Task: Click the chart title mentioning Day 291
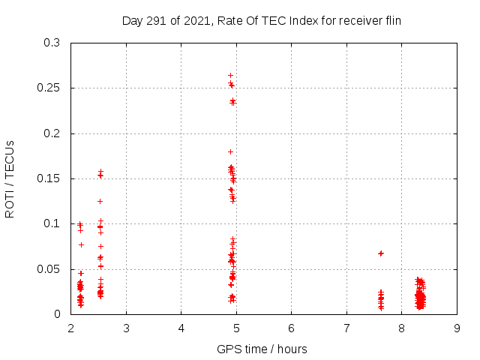pyautogui.click(x=262, y=21)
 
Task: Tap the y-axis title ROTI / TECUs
pyautogui.click(x=10, y=178)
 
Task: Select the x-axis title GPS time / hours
pyautogui.click(x=262, y=349)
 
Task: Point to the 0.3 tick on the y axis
pyautogui.click(x=52, y=43)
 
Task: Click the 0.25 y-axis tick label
pyautogui.click(x=49, y=88)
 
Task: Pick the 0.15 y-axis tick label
pyautogui.click(x=49, y=178)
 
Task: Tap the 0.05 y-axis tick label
pyautogui.click(x=49, y=268)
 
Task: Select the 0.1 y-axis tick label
pyautogui.click(x=52, y=223)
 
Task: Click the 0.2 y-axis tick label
pyautogui.click(x=52, y=133)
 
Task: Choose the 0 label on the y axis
pyautogui.click(x=57, y=313)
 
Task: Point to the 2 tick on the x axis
pyautogui.click(x=71, y=328)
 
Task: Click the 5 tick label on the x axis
pyautogui.click(x=236, y=328)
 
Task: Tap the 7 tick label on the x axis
pyautogui.click(x=346, y=328)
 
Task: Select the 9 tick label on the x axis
pyautogui.click(x=457, y=328)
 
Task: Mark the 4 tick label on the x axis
pyautogui.click(x=181, y=328)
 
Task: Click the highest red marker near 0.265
pyautogui.click(x=230, y=75)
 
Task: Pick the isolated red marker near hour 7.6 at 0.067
pyautogui.click(x=381, y=253)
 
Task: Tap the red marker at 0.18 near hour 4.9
pyautogui.click(x=230, y=151)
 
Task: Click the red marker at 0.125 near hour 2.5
pyautogui.click(x=100, y=201)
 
